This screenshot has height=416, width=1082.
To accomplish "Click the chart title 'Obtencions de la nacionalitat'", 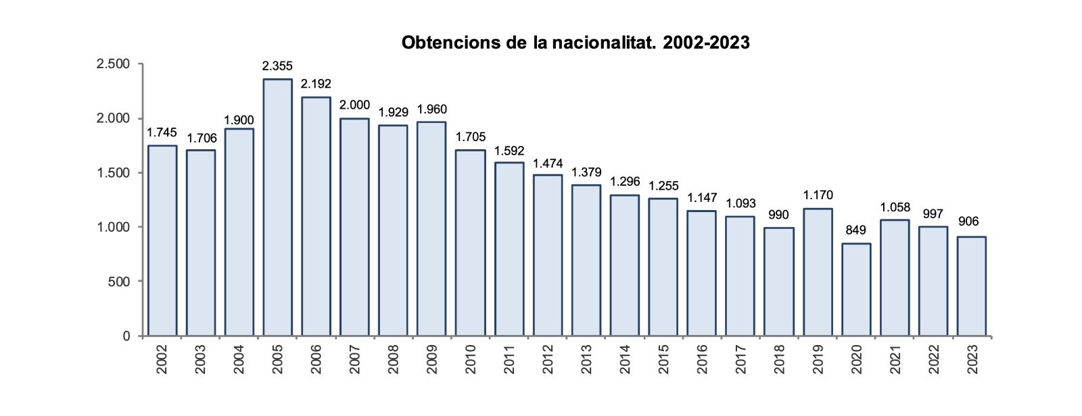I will coord(575,43).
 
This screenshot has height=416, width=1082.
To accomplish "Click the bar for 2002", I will coord(162,240).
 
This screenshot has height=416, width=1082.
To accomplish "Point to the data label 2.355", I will coord(277,66).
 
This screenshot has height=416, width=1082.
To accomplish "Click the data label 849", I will coord(856,230).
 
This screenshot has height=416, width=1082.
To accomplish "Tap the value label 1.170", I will coord(818,196).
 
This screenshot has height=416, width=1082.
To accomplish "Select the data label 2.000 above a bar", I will coord(354,105).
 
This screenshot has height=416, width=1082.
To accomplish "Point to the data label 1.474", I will coord(547,163).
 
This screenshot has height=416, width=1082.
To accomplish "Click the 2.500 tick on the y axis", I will coord(113,64).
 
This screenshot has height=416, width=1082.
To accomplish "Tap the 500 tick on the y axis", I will coord(119,281).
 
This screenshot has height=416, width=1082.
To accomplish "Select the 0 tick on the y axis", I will coord(126,336).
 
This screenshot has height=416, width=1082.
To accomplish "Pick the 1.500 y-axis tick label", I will coord(113,173).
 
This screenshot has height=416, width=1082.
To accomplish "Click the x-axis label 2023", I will coord(972,360).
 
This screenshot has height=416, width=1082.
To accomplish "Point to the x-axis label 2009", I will coord(433,360).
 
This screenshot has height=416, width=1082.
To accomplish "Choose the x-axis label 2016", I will coord(703,360).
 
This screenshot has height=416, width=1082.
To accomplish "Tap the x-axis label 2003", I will coord(201,360).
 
